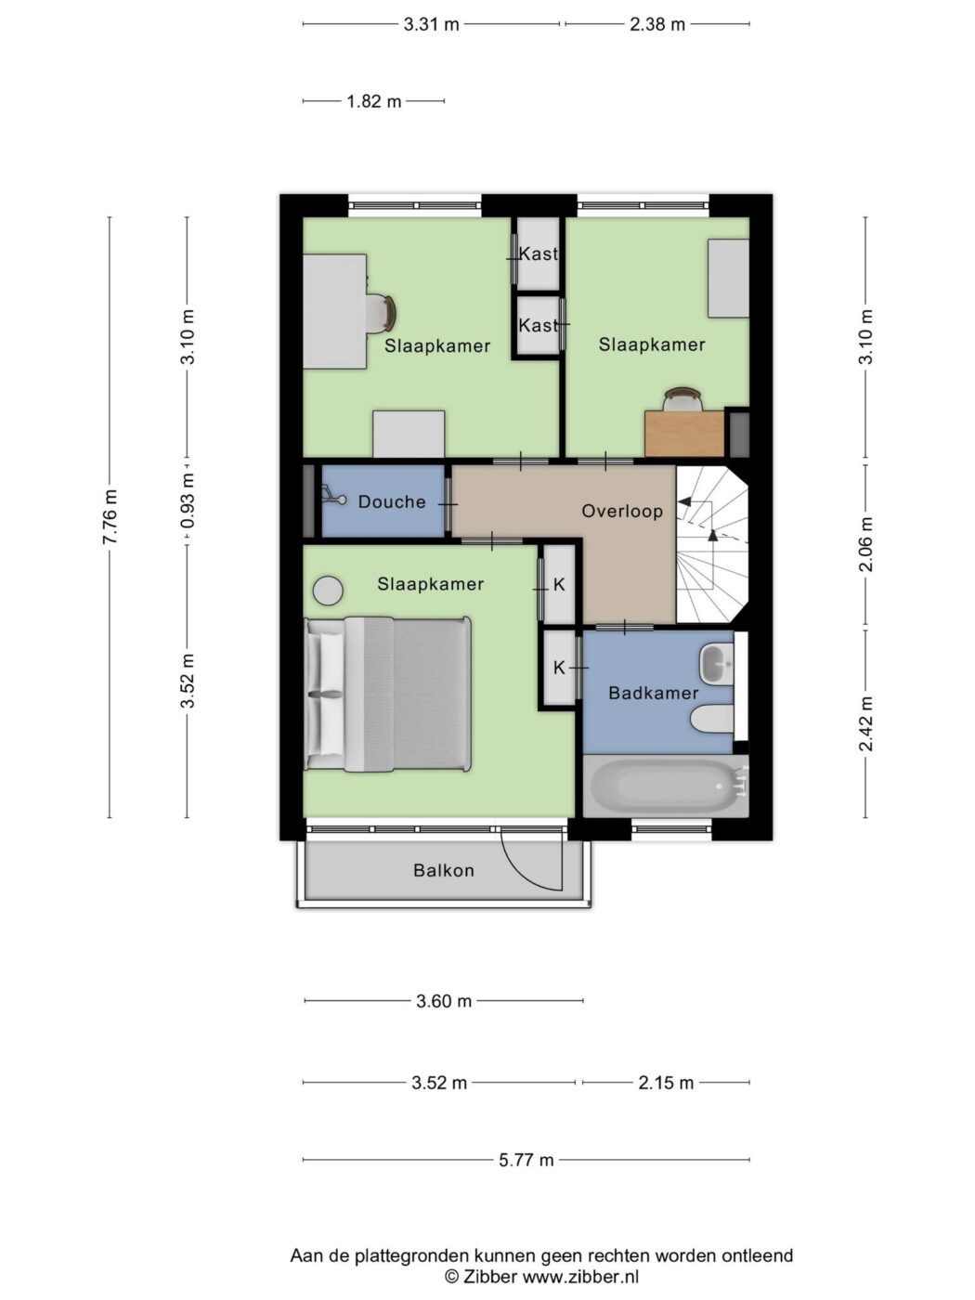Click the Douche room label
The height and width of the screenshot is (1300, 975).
pyautogui.click(x=392, y=502)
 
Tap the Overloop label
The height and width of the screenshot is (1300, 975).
pyautogui.click(x=622, y=511)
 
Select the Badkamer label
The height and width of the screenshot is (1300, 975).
pyautogui.click(x=654, y=693)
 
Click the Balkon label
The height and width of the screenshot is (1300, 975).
pyautogui.click(x=444, y=870)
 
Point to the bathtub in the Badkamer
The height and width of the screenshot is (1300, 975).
pyautogui.click(x=666, y=786)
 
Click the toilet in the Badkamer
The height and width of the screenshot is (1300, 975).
pyautogui.click(x=713, y=721)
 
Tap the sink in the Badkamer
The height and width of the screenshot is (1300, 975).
pyautogui.click(x=716, y=663)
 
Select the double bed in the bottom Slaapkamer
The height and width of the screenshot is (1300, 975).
pyautogui.click(x=388, y=695)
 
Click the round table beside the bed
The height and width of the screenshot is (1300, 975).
pyautogui.click(x=328, y=591)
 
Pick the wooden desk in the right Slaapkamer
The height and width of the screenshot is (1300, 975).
pyautogui.click(x=685, y=434)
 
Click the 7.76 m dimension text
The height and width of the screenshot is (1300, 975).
pyautogui.click(x=110, y=516)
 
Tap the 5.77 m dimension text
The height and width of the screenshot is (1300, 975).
pyautogui.click(x=526, y=1160)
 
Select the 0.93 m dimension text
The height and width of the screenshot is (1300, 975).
pyautogui.click(x=188, y=501)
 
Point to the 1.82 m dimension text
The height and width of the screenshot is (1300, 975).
pyautogui.click(x=373, y=101)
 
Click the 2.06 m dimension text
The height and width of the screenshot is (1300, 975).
pyautogui.click(x=866, y=544)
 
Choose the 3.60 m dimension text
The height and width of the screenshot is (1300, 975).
pyautogui.click(x=444, y=1001)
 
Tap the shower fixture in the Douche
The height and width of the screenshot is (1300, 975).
pyautogui.click(x=333, y=495)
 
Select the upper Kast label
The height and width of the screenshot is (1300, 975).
pyautogui.click(x=539, y=254)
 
